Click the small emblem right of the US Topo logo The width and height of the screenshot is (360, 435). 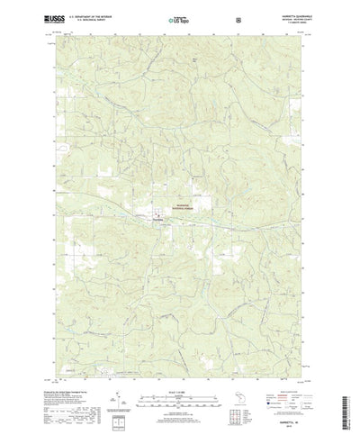238,17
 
